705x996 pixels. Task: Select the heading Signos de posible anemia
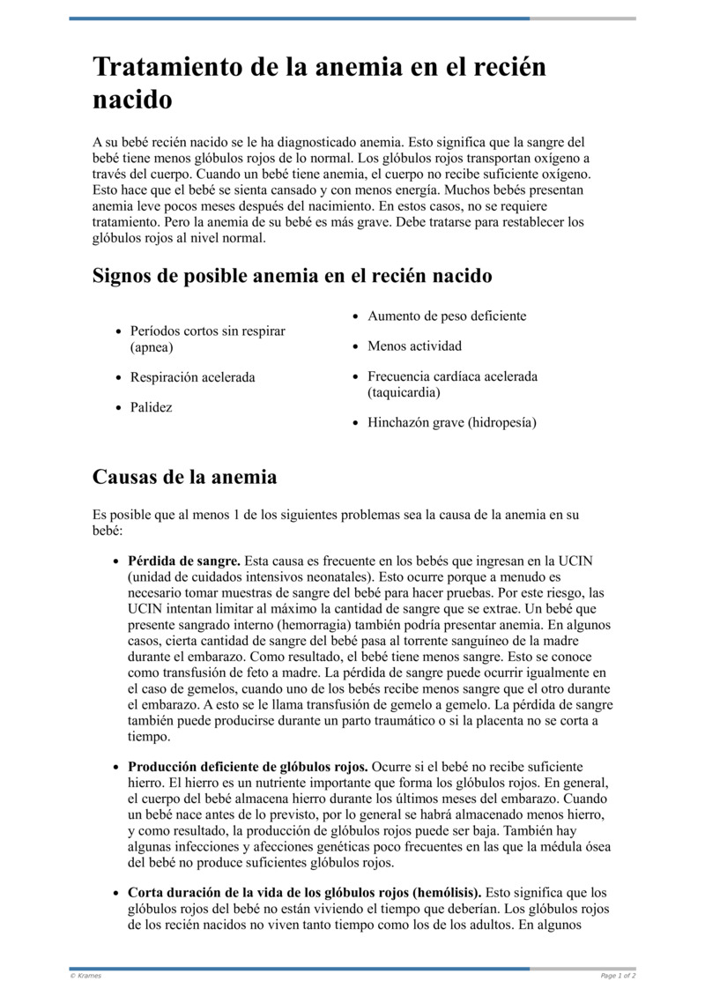click(x=292, y=276)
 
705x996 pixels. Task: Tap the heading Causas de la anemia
click(x=184, y=477)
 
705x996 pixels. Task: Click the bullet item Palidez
click(x=151, y=407)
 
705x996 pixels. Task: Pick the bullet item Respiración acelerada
click(x=192, y=377)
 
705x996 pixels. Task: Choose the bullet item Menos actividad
click(x=414, y=346)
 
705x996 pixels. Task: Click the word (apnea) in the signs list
click(x=152, y=347)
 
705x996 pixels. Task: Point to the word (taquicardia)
click(x=404, y=391)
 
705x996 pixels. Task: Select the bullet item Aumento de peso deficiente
click(x=446, y=316)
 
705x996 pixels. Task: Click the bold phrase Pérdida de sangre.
click(x=184, y=560)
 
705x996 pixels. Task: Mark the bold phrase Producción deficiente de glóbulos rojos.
click(x=249, y=767)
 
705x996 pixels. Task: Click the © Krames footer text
click(x=85, y=976)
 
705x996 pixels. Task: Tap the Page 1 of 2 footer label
click(x=618, y=976)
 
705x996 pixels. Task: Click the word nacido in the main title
click(x=132, y=100)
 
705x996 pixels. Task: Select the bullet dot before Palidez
click(x=118, y=408)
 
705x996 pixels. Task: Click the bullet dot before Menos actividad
click(x=355, y=346)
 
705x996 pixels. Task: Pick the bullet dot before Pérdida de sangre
click(x=116, y=561)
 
